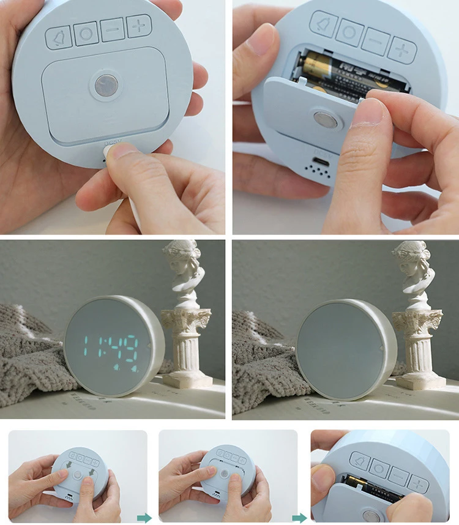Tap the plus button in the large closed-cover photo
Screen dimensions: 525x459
[x=139, y=26]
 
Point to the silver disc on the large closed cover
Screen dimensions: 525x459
[x=106, y=85]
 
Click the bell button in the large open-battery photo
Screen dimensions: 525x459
[x=323, y=24]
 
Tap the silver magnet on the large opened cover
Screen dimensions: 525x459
[x=325, y=120]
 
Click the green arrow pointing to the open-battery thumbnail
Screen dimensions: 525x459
[x=299, y=518]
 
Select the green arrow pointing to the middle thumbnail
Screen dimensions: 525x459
[x=144, y=518]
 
